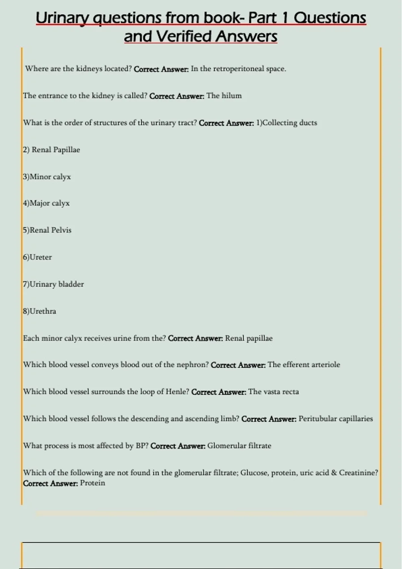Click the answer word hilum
click(x=231, y=96)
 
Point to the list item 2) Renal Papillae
click(x=52, y=150)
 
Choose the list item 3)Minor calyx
click(x=47, y=177)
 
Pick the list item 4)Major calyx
click(x=46, y=203)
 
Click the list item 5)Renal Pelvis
click(x=47, y=230)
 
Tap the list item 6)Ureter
click(x=38, y=257)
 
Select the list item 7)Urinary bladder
click(x=53, y=284)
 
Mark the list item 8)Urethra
click(x=40, y=311)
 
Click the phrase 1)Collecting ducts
click(x=286, y=123)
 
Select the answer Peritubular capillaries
click(x=336, y=419)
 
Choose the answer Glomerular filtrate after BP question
click(x=239, y=446)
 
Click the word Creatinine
click(x=358, y=473)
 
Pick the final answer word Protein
click(x=92, y=483)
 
